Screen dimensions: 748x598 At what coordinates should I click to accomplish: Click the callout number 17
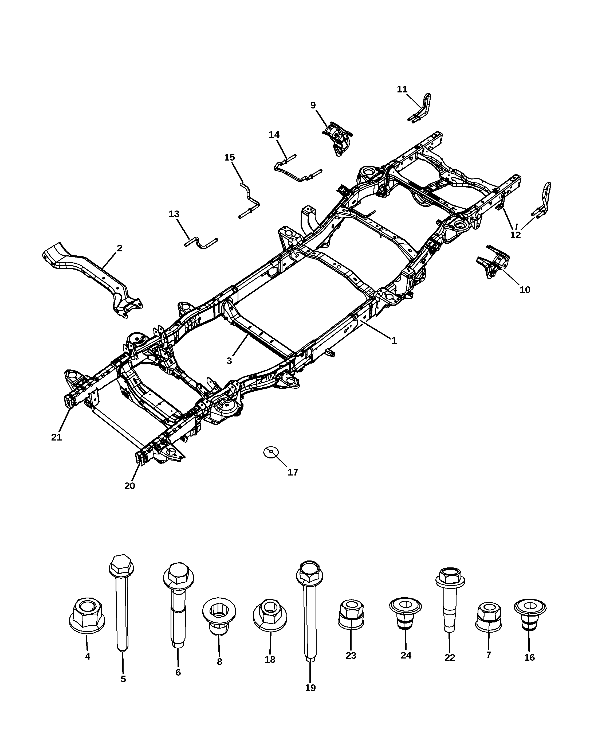pos(293,472)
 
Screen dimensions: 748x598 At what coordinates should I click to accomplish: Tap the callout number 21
pos(56,438)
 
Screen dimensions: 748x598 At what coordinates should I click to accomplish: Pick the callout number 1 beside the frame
pos(394,341)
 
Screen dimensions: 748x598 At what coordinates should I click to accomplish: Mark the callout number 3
pos(229,361)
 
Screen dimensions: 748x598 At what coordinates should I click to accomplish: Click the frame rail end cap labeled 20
pos(141,457)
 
